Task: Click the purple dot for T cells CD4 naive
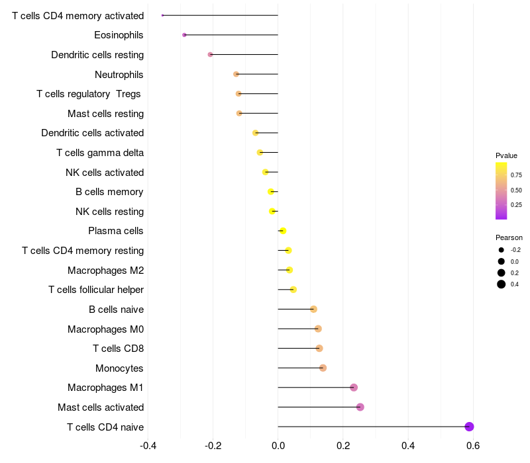469,427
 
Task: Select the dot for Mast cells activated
360,407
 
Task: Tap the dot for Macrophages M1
354,388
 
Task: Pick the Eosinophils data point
184,35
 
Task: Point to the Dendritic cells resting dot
210,54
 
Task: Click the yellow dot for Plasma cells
283,231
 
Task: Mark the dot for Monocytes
323,368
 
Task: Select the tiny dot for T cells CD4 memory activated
162,15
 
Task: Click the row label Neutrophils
119,75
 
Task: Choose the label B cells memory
109,192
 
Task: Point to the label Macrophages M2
105,271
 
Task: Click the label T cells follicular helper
96,290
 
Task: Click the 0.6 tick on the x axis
473,446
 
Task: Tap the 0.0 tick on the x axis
278,446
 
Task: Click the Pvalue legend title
506,155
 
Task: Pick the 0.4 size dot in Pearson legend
502,284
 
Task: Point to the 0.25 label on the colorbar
516,205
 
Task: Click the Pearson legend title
509,237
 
